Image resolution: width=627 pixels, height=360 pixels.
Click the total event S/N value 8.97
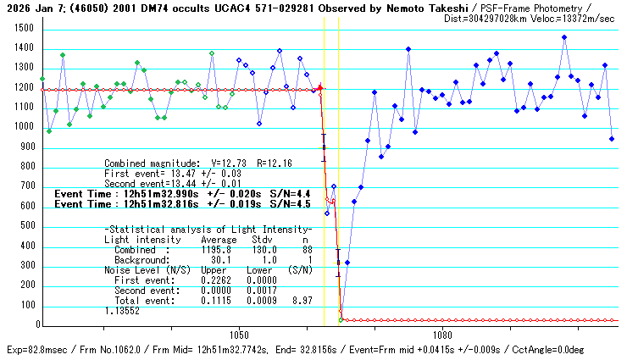(x=302, y=301)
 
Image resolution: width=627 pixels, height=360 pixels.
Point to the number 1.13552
(x=122, y=311)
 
